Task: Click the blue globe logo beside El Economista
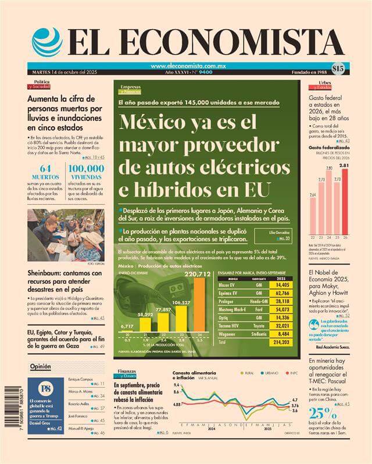click(x=47, y=42)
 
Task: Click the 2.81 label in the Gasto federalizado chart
click(x=345, y=165)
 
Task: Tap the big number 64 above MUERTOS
click(x=45, y=170)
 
